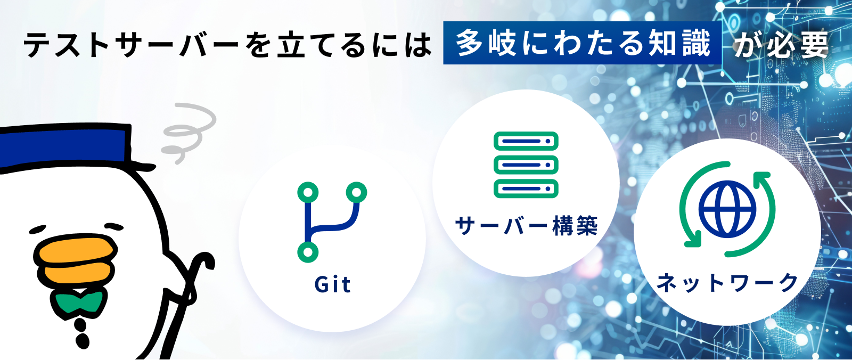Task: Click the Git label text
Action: pyautogui.click(x=332, y=285)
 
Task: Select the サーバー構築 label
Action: pyautogui.click(x=527, y=226)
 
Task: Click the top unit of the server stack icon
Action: pyautogui.click(x=526, y=141)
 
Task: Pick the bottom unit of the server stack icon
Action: pyautogui.click(x=526, y=189)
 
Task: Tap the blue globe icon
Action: pyautogui.click(x=727, y=209)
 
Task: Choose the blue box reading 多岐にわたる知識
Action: pyautogui.click(x=583, y=43)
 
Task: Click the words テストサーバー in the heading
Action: pyautogui.click(x=131, y=45)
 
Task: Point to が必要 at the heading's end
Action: pyautogui.click(x=781, y=45)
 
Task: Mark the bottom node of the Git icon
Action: pyautogui.click(x=308, y=252)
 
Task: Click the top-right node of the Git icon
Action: pyautogui.click(x=356, y=192)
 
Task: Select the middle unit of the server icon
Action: pyautogui.click(x=526, y=165)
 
